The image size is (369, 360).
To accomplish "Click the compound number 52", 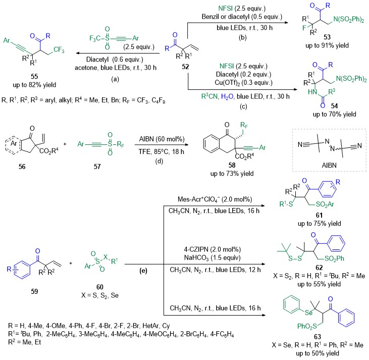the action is pyautogui.click(x=185, y=67).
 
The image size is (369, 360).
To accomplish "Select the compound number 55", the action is pyautogui.click(x=34, y=76).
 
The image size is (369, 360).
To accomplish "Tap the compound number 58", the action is pyautogui.click(x=232, y=165).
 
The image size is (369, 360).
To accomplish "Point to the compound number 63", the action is pyautogui.click(x=318, y=337).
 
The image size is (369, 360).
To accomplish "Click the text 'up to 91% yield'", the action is pyautogui.click(x=327, y=45).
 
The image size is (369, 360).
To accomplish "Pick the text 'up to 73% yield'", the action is pyautogui.click(x=232, y=174).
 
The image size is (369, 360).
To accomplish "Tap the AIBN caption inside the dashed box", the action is pyautogui.click(x=329, y=165).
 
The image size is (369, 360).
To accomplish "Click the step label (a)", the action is pyautogui.click(x=115, y=79).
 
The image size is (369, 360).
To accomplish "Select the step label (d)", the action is pyautogui.click(x=160, y=161).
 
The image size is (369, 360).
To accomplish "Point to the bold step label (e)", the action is pyautogui.click(x=143, y=271).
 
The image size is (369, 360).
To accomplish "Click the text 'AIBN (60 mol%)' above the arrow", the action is pyautogui.click(x=162, y=139).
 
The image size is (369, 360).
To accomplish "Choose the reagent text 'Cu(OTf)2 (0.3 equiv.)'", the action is pyautogui.click(x=244, y=83).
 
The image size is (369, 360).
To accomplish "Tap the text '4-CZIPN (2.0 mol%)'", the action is pyautogui.click(x=213, y=249).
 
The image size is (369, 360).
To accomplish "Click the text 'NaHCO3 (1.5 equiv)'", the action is pyautogui.click(x=213, y=258).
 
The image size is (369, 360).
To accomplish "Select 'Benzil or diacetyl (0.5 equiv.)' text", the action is pyautogui.click(x=242, y=17).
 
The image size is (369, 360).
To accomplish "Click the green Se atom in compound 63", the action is pyautogui.click(x=309, y=312).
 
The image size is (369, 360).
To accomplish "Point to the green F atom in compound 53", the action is pyautogui.click(x=304, y=28).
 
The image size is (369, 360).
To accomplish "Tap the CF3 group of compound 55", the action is pyautogui.click(x=59, y=49).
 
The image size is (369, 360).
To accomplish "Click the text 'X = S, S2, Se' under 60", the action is pyautogui.click(x=100, y=295).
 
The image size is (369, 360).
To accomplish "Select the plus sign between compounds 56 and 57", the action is pyautogui.click(x=65, y=143).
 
